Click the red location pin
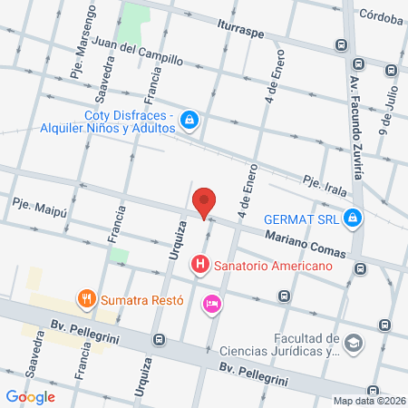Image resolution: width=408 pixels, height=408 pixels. pyautogui.click(x=205, y=201)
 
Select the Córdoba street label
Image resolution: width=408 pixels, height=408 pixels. pyautogui.click(x=381, y=14)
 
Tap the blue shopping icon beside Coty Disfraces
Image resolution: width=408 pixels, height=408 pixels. pyautogui.click(x=189, y=119)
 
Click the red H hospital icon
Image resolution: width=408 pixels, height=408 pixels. pyautogui.click(x=199, y=266)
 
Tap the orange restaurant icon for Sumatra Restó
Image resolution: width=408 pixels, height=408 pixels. pyautogui.click(x=86, y=297)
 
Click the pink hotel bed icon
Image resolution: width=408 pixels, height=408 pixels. pyautogui.click(x=211, y=304)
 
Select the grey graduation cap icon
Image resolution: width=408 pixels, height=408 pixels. pyautogui.click(x=354, y=344)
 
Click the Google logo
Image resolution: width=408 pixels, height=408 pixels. pyautogui.click(x=30, y=396)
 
